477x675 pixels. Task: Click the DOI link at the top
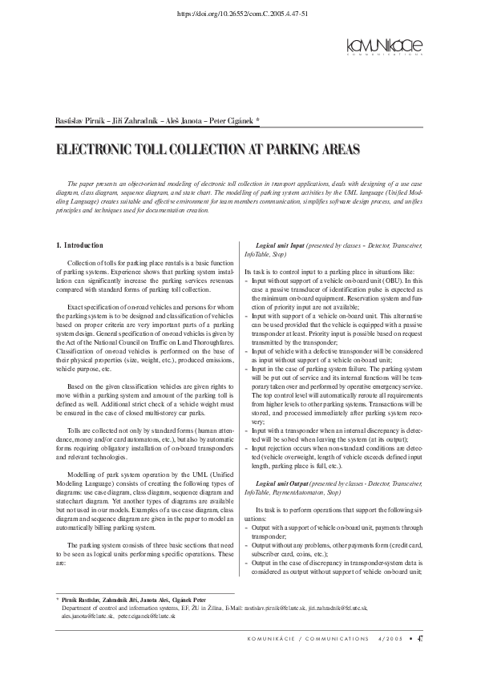point(238,14)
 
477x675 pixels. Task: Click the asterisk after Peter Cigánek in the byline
point(257,119)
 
